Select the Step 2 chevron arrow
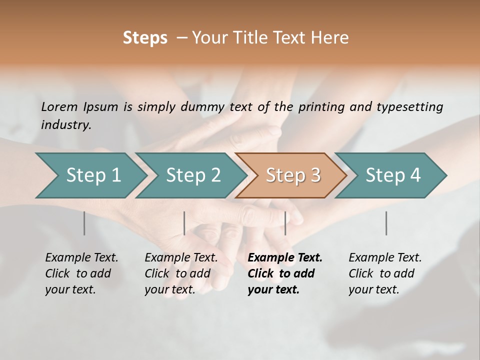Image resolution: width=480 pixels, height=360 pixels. pyautogui.click(x=192, y=175)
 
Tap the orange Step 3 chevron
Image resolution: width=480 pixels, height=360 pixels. pyautogui.click(x=292, y=175)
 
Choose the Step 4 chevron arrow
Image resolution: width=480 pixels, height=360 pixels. pyautogui.click(x=392, y=175)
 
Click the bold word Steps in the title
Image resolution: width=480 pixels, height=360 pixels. pyautogui.click(x=145, y=38)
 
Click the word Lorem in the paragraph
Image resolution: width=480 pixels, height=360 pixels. pyautogui.click(x=59, y=106)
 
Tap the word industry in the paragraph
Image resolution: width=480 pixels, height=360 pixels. pyautogui.click(x=66, y=124)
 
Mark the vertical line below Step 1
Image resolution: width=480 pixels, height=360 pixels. pyautogui.click(x=84, y=223)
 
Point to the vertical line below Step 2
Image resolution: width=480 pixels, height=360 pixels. pyautogui.click(x=184, y=223)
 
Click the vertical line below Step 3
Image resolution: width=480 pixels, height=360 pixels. pyautogui.click(x=285, y=223)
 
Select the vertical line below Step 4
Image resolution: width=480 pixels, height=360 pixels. pyautogui.click(x=386, y=223)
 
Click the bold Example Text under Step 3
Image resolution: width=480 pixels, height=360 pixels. pyautogui.click(x=285, y=258)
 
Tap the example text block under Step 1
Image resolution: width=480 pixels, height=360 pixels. pyautogui.click(x=81, y=273)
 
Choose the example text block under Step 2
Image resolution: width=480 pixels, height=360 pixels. pyautogui.click(x=181, y=273)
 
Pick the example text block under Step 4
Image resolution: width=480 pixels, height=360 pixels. pyautogui.click(x=385, y=273)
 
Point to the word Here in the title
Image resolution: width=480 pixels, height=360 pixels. pyautogui.click(x=332, y=38)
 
